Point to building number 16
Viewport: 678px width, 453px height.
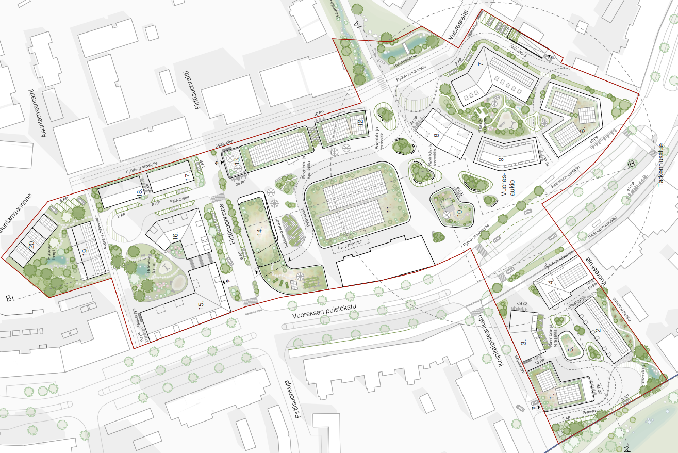tap(175, 236)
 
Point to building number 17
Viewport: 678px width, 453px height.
tap(187, 176)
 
